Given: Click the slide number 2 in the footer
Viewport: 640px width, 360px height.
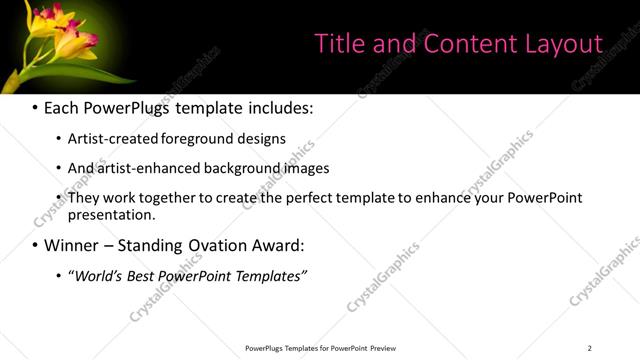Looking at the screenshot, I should (590, 348).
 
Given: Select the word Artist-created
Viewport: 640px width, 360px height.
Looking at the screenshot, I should (108, 138).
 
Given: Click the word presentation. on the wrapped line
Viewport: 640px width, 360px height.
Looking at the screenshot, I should (111, 214).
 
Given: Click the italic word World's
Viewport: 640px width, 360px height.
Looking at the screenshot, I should (96, 275).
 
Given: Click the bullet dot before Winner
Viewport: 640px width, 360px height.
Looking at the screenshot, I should (35, 245).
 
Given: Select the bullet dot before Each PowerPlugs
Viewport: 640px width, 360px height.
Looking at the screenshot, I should (35, 107).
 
